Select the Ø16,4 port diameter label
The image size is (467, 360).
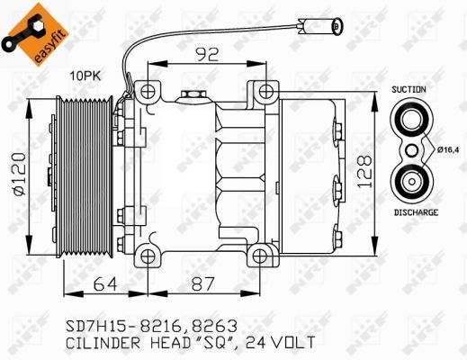(x=448, y=150)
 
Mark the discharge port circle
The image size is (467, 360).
(x=413, y=180)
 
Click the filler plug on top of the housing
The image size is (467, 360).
(x=191, y=94)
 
